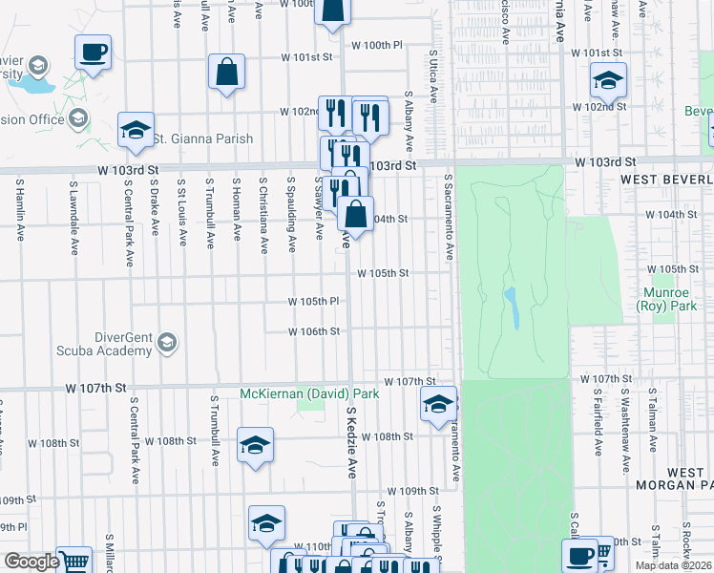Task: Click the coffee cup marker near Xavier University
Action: [x=93, y=53]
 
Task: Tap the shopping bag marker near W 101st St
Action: [x=227, y=73]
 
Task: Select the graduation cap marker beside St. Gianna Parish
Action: [x=136, y=131]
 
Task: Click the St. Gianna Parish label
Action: [x=204, y=138]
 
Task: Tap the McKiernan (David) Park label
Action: [x=309, y=393]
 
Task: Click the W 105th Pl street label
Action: [x=314, y=302]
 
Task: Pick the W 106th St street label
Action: [x=314, y=331]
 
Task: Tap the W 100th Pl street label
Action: [x=378, y=45]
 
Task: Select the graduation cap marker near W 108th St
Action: [x=255, y=446]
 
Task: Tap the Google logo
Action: [x=31, y=562]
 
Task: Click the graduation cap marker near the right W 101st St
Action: [x=607, y=82]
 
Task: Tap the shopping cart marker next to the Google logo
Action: [x=73, y=562]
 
